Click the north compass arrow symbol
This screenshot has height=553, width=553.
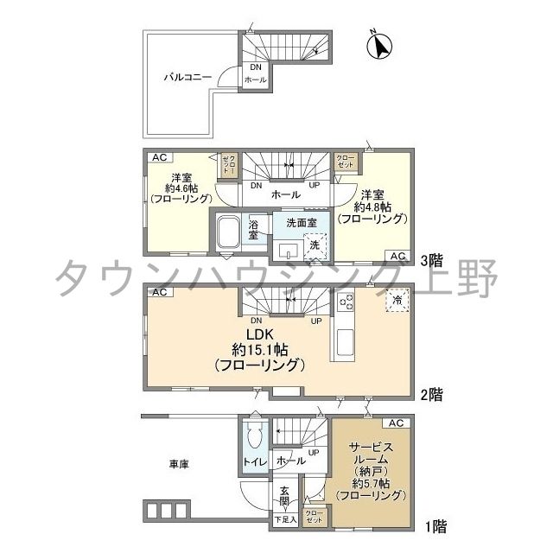pos(378,45)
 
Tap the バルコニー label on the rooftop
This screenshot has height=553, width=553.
pos(188,77)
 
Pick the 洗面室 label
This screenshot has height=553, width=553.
pos(302,223)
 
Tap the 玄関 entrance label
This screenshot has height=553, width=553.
pos(284,499)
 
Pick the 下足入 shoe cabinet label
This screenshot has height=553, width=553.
pos(284,520)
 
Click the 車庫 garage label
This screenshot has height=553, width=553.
pos(179,464)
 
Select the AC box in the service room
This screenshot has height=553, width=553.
pos(395,423)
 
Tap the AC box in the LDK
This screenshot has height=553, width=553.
pos(159,294)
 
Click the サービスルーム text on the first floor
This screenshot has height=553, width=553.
pos(372,454)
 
